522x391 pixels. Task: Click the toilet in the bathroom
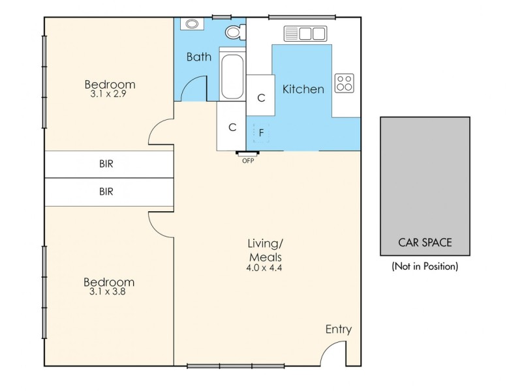point(234,31)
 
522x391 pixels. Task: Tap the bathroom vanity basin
point(192,24)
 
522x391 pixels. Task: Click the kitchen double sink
point(305,33)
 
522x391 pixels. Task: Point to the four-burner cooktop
point(344,83)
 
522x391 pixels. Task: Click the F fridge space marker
point(261,132)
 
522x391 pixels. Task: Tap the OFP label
point(248,160)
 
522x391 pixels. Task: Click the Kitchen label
point(303,89)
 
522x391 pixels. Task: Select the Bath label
point(199,57)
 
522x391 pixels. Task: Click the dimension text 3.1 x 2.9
point(108,94)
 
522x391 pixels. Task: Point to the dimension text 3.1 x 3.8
point(108,292)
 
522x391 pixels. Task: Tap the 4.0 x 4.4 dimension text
point(264,267)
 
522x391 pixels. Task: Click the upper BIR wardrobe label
point(106,164)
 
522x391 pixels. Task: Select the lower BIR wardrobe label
point(106,192)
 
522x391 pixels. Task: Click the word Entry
point(338,330)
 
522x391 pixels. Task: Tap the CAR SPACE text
point(425,242)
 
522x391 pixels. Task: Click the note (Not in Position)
point(425,266)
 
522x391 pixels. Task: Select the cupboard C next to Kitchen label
point(261,98)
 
